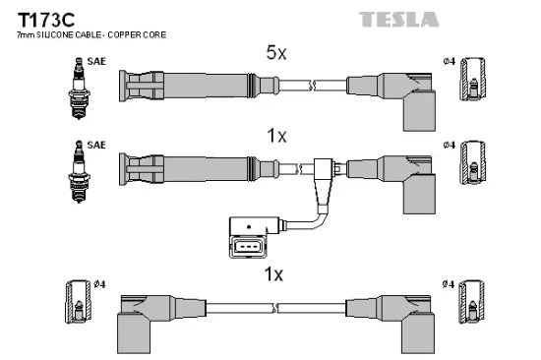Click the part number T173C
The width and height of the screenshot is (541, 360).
[46, 20]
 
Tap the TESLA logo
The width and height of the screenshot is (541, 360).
[398, 20]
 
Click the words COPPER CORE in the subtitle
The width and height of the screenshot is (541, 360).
[137, 34]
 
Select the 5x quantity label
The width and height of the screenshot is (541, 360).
[276, 53]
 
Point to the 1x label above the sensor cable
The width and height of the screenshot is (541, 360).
[276, 136]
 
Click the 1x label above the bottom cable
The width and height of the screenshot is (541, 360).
[273, 274]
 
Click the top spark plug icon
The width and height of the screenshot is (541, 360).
[79, 89]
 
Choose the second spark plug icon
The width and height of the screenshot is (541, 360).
[79, 171]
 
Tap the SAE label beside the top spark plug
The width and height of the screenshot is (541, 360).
[96, 61]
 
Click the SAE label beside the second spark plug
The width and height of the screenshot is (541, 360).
[96, 145]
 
